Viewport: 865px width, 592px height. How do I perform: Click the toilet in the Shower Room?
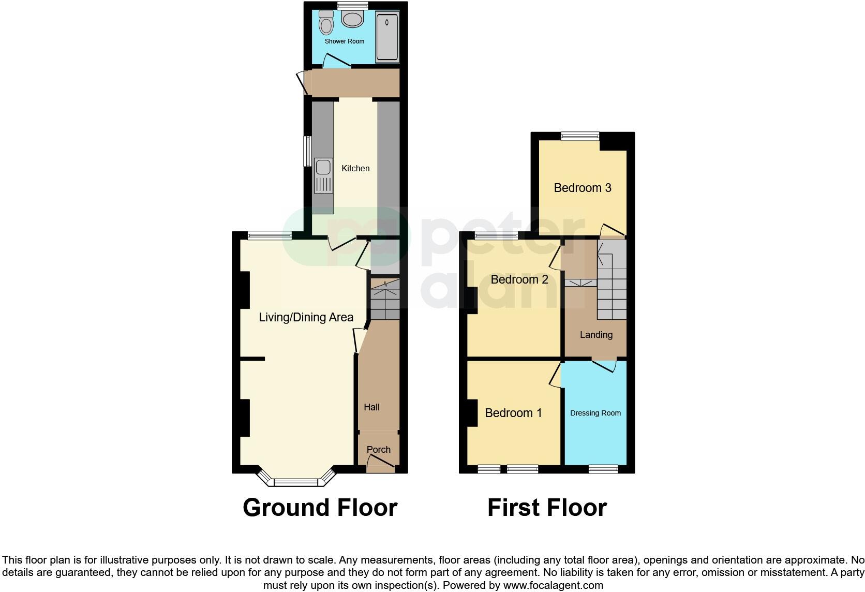326,23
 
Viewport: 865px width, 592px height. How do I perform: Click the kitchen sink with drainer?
323,176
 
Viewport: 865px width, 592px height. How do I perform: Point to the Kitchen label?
355,168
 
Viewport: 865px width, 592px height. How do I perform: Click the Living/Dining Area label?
306,317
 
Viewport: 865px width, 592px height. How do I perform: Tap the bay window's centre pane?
295,482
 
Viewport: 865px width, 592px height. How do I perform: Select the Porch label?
378,450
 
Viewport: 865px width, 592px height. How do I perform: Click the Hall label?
371,407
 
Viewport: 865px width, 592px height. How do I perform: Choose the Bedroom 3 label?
583,188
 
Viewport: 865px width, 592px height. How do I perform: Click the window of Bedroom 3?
580,137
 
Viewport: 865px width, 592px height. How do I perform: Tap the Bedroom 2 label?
519,279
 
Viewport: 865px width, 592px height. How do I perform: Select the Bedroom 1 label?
513,413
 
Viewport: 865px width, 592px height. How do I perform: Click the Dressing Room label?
595,413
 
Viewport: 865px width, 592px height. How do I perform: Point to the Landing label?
596,335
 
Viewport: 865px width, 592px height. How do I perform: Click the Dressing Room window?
603,469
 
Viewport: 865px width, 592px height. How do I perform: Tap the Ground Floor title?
320,508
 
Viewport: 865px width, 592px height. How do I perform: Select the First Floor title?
547,508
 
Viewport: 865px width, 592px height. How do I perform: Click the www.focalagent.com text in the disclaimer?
553,585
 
